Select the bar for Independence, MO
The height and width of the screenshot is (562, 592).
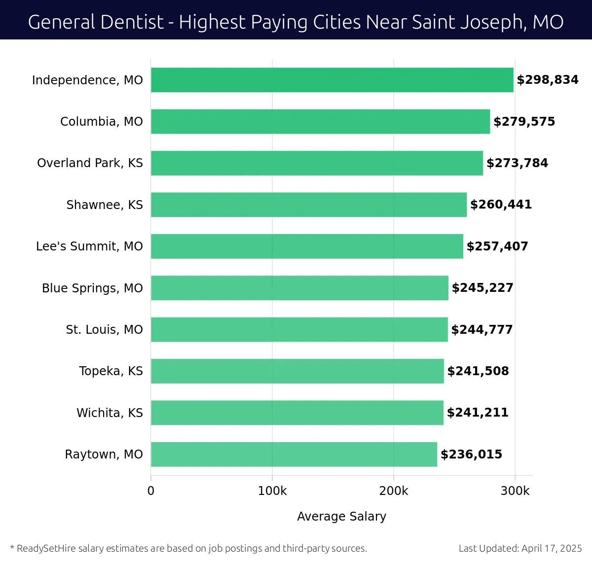coord(332,80)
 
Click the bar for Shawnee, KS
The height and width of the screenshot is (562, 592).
coord(309,205)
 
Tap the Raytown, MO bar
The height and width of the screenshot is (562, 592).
coord(294,455)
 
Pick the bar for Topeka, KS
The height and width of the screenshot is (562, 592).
coord(297,371)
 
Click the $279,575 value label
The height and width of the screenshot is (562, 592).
coord(524,122)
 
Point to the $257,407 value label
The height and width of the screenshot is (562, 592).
coord(497,246)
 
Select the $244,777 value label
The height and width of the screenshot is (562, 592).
coord(482,330)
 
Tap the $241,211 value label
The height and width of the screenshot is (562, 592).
coord(478,413)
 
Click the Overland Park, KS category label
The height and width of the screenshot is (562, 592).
coord(90,163)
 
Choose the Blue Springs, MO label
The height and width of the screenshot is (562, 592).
coord(92,288)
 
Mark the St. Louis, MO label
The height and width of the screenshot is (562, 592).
coord(104,330)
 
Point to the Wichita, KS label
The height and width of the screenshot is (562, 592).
coord(110,413)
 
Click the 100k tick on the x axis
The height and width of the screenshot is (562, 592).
coord(272,491)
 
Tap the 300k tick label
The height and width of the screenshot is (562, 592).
coord(515,491)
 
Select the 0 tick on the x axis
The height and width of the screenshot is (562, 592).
coord(151,491)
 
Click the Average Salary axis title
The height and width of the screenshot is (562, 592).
coord(341,516)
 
